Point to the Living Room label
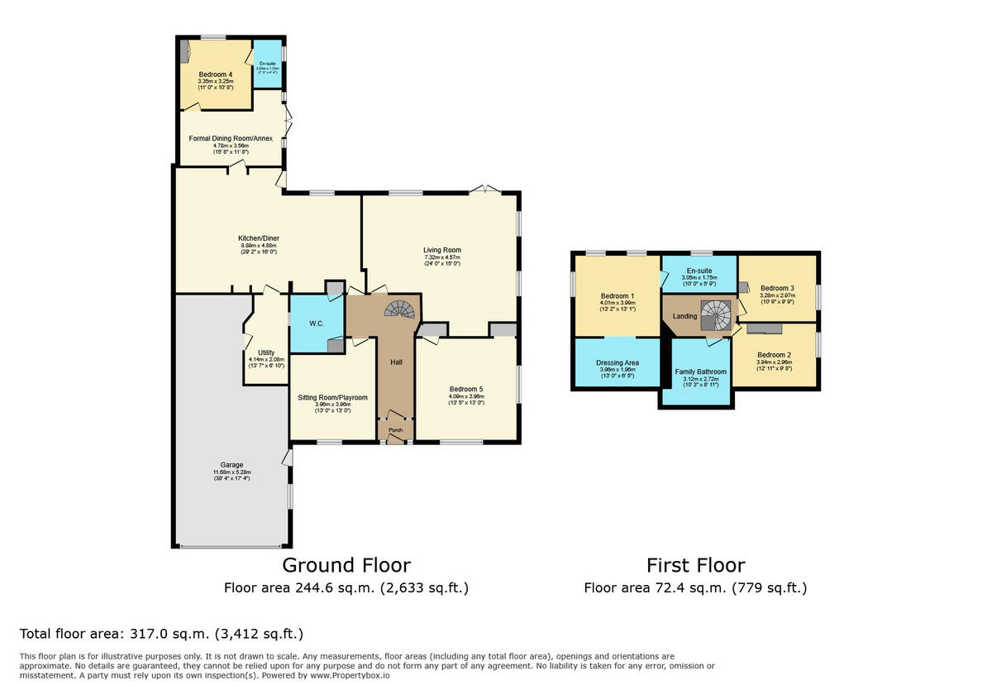tap(442, 250)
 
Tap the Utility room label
tap(266, 352)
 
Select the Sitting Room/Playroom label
tap(332, 398)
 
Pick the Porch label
tap(396, 430)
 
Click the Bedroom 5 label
tap(466, 389)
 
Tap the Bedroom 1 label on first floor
tap(618, 296)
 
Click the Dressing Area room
tap(618, 363)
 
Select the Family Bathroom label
tap(700, 371)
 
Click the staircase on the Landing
tap(715, 314)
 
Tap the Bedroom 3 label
tap(777, 289)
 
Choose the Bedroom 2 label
tap(774, 354)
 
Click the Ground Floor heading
tap(346, 565)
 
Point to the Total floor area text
tap(161, 634)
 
